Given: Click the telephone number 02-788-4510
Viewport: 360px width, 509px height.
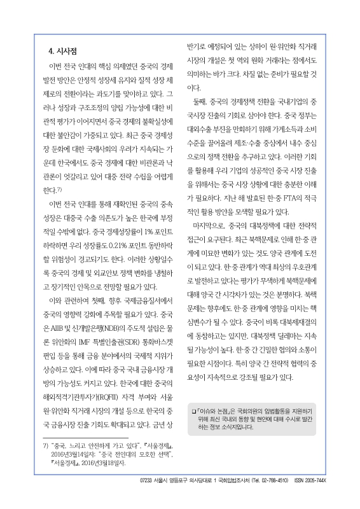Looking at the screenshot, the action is click(273, 498).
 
